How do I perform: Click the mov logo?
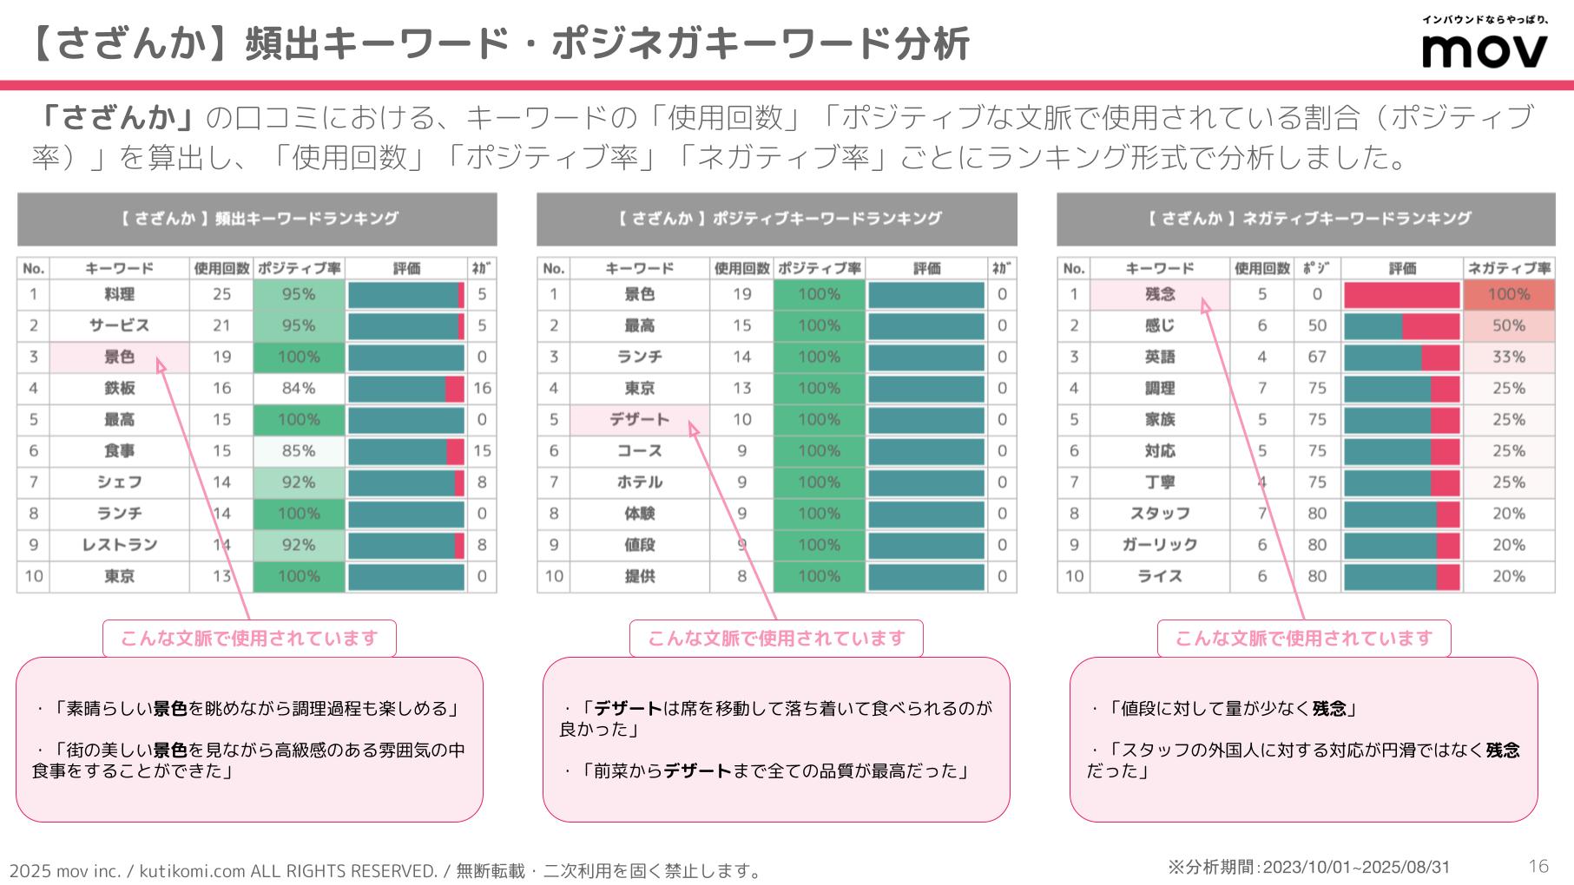1485,49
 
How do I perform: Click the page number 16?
1538,866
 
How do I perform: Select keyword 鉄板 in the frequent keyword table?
120,389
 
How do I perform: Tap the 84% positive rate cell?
299,389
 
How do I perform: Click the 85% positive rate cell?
299,451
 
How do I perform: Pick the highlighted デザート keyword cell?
639,420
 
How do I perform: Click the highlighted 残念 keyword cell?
1160,294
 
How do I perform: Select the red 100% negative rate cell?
1508,294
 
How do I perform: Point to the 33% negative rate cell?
1508,357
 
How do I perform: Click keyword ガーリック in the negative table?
1160,545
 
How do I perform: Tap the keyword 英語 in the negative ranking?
1160,357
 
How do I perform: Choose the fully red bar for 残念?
1401,295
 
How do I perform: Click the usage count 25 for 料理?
221,294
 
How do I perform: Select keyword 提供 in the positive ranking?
639,576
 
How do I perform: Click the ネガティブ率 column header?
1508,268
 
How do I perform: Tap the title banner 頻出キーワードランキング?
257,219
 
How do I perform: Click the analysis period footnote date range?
1356,867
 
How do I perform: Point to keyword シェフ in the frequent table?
120,482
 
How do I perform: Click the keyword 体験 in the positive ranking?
639,514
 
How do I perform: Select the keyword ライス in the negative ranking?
1160,576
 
